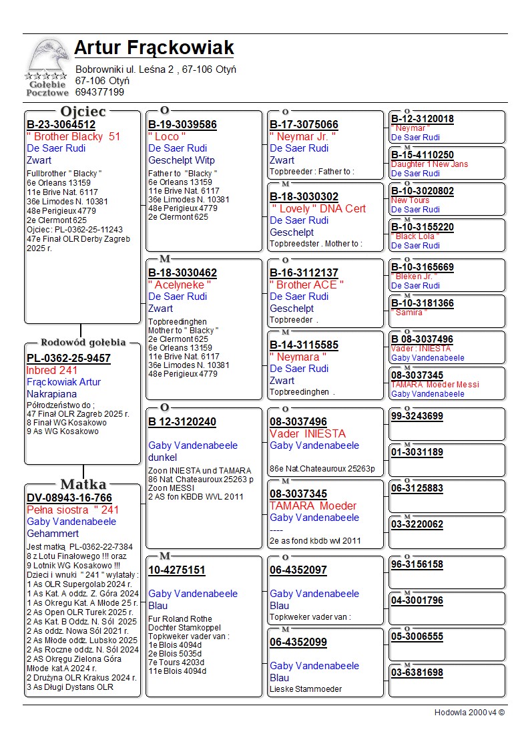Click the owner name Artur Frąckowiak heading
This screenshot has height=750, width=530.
pyautogui.click(x=154, y=48)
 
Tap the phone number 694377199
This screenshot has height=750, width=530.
pyautogui.click(x=99, y=92)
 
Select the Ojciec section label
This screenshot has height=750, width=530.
pyautogui.click(x=83, y=111)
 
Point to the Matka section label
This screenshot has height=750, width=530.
pyautogui.click(x=83, y=484)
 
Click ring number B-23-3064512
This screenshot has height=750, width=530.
pyautogui.click(x=61, y=125)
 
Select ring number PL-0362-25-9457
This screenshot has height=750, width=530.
pyautogui.click(x=69, y=359)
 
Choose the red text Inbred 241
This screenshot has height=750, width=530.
pyautogui.click(x=52, y=371)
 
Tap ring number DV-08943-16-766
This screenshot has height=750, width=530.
pyautogui.click(x=69, y=498)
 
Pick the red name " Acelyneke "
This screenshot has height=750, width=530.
pyautogui.click(x=180, y=285)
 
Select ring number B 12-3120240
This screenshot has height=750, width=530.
pyautogui.click(x=182, y=422)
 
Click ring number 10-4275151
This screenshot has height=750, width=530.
pyautogui.click(x=177, y=570)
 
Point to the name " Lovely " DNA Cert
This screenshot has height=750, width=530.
pyautogui.click(x=318, y=209)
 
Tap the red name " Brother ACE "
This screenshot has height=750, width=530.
pyautogui.click(x=306, y=285)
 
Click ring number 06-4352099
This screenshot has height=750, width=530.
pyautogui.click(x=298, y=642)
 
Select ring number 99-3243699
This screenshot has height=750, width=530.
pyautogui.click(x=417, y=417)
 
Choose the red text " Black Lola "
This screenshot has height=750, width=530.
pyautogui.click(x=413, y=236)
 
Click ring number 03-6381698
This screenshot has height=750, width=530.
pyautogui.click(x=417, y=673)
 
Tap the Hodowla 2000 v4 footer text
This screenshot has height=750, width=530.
pyautogui.click(x=469, y=713)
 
